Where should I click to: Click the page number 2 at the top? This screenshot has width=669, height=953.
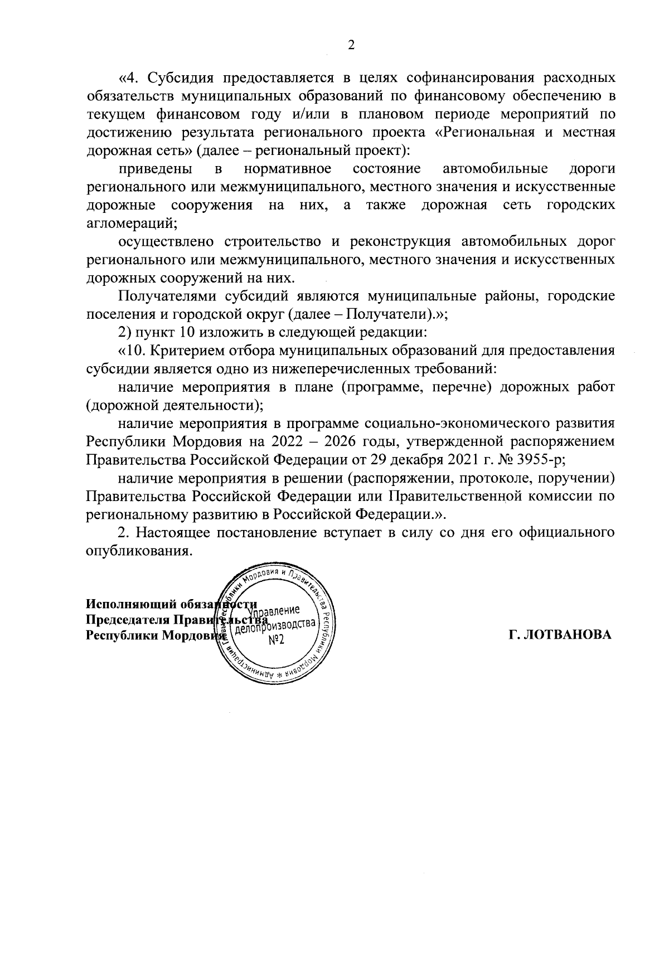click(x=351, y=46)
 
